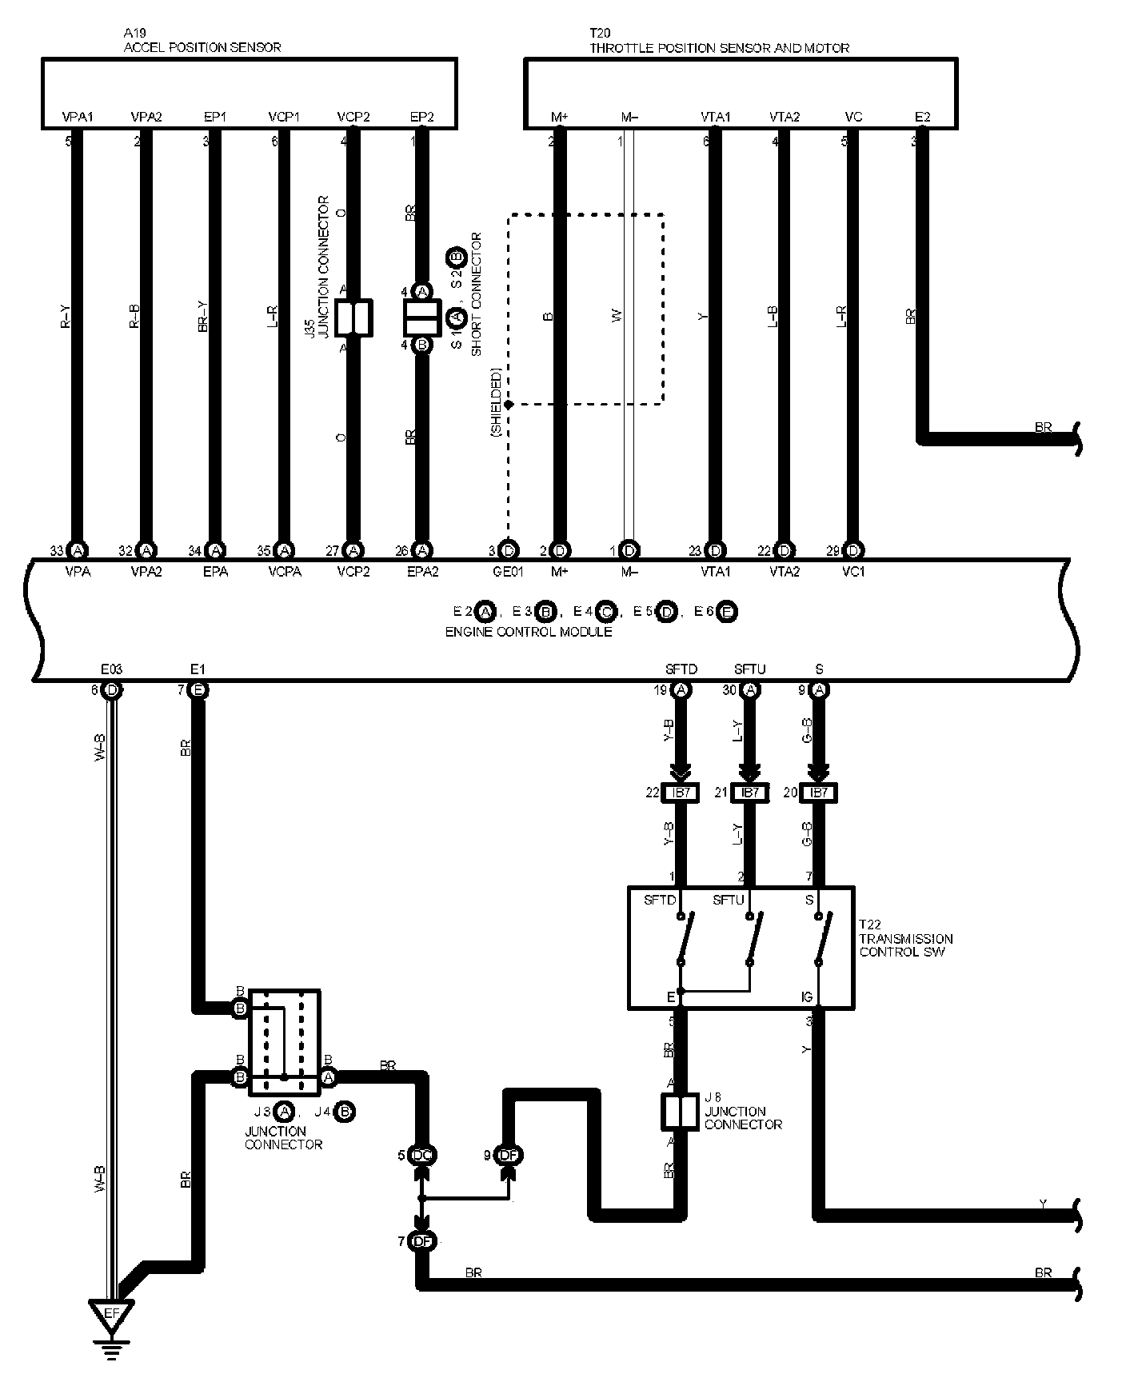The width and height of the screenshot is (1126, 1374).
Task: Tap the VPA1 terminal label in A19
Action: [78, 117]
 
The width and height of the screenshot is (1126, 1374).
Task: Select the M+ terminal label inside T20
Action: [560, 117]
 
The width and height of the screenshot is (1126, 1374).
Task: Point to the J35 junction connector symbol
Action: [353, 318]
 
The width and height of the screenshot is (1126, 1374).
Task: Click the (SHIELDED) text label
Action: [497, 402]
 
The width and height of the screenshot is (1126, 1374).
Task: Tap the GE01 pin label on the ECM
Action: [509, 572]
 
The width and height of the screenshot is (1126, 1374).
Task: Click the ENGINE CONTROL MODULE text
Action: [528, 632]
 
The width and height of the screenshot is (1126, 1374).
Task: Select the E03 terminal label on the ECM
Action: [111, 669]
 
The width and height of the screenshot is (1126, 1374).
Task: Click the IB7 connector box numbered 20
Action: [818, 793]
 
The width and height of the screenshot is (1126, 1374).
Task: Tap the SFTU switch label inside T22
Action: [728, 900]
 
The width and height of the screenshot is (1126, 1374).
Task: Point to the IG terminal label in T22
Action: [808, 997]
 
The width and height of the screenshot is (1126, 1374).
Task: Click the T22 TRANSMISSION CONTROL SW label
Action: [905, 939]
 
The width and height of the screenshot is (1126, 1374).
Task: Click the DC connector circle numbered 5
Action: [421, 1155]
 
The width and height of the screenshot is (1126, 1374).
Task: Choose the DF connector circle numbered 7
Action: [421, 1241]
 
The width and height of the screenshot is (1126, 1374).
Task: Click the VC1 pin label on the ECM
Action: [853, 572]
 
